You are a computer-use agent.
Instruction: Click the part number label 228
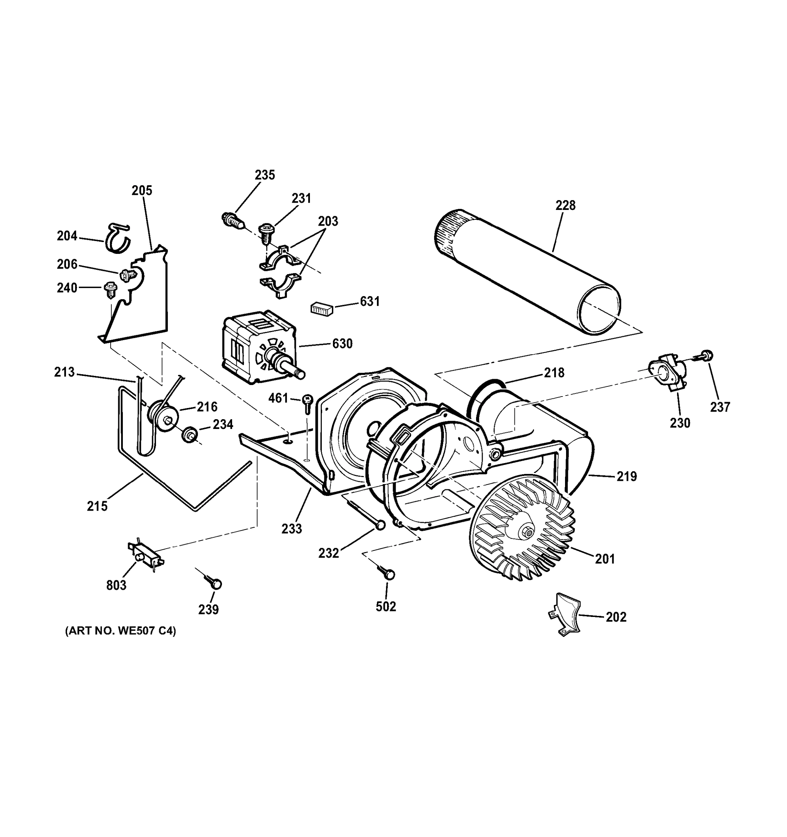coord(565,205)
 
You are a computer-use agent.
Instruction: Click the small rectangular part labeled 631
coord(322,309)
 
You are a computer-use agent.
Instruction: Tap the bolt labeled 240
coord(110,289)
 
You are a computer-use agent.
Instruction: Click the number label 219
coord(626,477)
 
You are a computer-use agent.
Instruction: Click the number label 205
coord(142,191)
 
